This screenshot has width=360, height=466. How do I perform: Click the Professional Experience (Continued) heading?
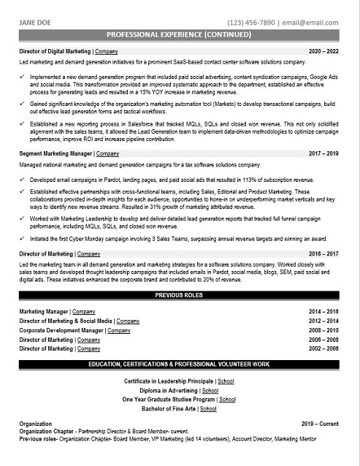pyautogui.click(x=180, y=35)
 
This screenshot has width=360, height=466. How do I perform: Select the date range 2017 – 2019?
pyautogui.click(x=323, y=155)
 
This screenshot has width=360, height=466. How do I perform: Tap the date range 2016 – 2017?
pyautogui.click(x=323, y=253)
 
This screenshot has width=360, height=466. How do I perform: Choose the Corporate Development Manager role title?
pyautogui.click(x=61, y=330)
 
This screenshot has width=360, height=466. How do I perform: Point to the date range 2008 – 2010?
pyautogui.click(x=323, y=330)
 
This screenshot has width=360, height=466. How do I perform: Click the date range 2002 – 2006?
pyautogui.click(x=323, y=349)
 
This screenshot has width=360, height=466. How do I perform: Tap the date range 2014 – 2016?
pyautogui.click(x=323, y=311)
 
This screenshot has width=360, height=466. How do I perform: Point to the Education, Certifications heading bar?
pyautogui.click(x=180, y=364)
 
